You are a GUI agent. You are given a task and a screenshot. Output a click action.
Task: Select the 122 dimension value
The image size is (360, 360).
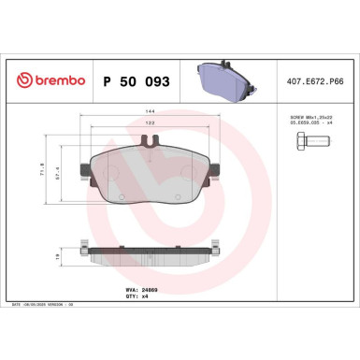tap(151, 123)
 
